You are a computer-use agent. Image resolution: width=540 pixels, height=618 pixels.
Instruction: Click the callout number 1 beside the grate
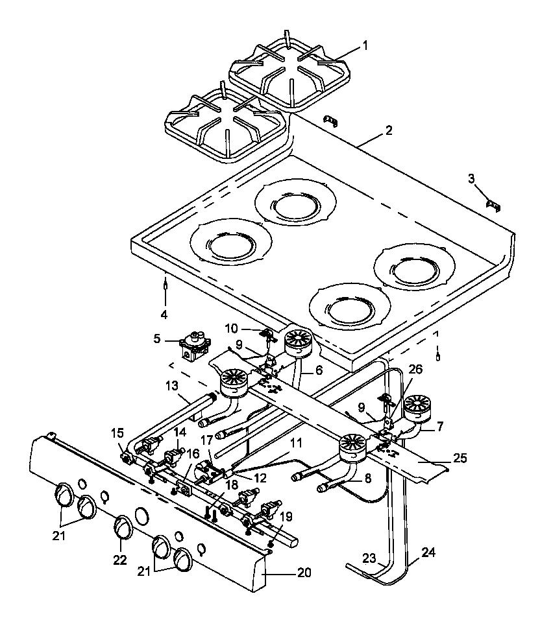(x=365, y=45)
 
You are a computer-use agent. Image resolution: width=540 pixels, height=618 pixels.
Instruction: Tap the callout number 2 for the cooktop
(x=388, y=130)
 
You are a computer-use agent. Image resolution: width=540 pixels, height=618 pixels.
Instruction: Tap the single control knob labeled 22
(x=121, y=526)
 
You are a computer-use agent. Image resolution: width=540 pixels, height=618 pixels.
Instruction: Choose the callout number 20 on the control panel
(x=304, y=573)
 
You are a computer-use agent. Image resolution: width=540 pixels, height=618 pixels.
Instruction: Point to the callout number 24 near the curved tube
(x=428, y=553)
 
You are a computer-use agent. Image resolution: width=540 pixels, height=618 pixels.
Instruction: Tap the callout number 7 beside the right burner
(x=441, y=427)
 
